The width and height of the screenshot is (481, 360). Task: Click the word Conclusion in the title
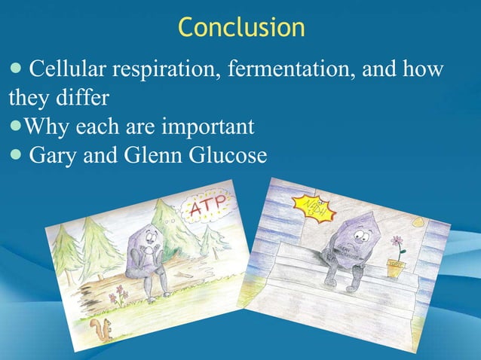241,27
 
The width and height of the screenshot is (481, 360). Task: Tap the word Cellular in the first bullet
66,72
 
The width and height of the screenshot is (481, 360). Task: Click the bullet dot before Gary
17,155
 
